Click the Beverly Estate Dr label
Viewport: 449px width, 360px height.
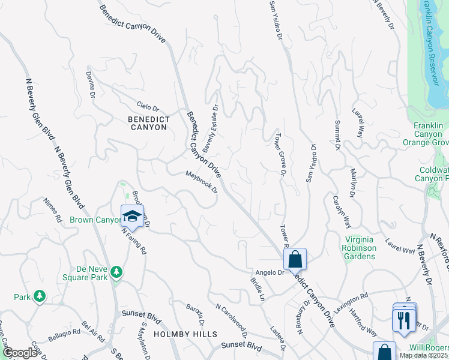[211, 128]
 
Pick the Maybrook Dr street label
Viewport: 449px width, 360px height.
[201, 182]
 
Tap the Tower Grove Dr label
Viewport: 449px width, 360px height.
[279, 155]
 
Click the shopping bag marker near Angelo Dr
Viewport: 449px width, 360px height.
[295, 259]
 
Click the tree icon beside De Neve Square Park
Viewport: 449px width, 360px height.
[116, 273]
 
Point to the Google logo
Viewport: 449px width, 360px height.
[19, 353]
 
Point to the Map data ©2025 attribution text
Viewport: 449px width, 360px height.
[423, 355]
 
